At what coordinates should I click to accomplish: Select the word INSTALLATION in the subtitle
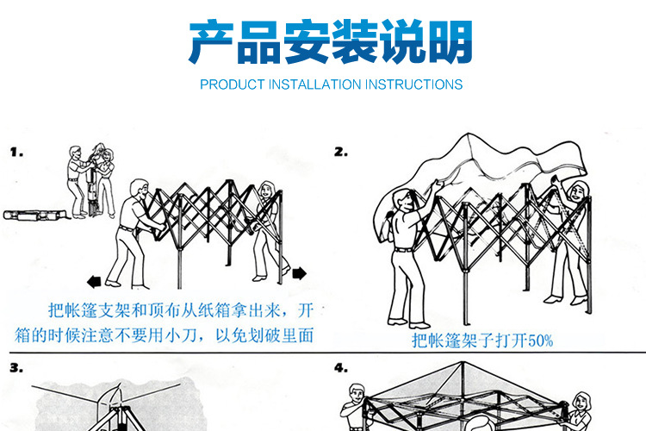pos(315,84)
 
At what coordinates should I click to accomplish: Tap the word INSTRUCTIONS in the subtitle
pos(414,84)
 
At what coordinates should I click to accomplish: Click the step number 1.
pos(16,152)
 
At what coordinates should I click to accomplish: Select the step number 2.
pos(341,152)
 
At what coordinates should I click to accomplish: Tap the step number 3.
pos(17,368)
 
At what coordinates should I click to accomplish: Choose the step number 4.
pos(341,368)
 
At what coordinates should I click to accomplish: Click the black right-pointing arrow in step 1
pos(299,274)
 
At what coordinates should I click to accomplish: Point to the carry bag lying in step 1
pos(32,215)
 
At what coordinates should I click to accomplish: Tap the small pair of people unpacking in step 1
pos(90,177)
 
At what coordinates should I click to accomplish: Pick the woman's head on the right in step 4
pos(582,400)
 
